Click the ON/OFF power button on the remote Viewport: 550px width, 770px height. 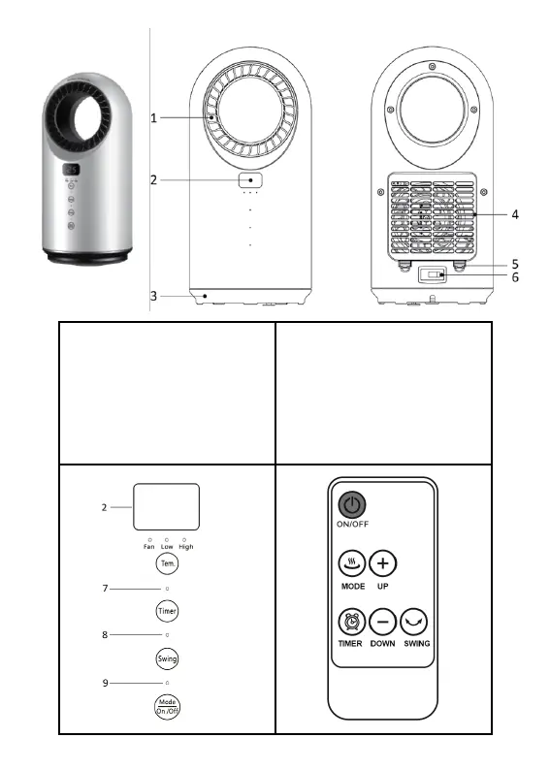coord(351,505)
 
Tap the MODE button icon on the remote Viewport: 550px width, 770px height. coord(351,563)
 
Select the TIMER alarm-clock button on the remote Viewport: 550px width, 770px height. coord(351,622)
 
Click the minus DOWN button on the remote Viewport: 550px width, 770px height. coord(382,622)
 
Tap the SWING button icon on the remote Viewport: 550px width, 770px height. coord(414,622)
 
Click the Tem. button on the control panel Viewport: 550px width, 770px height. coord(167,563)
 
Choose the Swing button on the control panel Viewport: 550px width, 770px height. coord(167,658)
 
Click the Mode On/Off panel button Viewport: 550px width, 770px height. coord(167,707)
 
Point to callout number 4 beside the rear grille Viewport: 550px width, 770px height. coord(515,214)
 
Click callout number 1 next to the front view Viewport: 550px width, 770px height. coord(153,118)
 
